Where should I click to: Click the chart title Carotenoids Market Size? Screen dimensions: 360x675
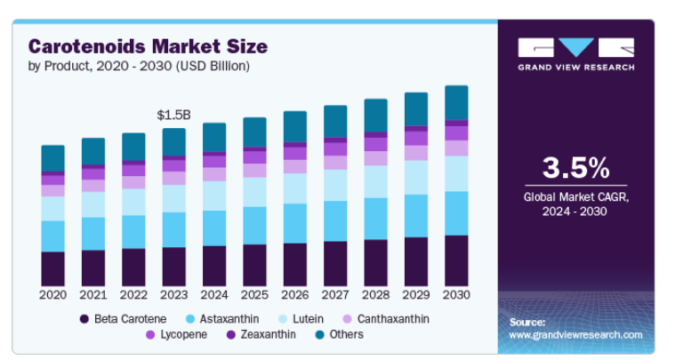click(x=148, y=46)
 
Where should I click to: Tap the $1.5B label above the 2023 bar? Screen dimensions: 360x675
click(x=174, y=116)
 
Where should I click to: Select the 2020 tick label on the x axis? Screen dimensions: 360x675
click(x=53, y=294)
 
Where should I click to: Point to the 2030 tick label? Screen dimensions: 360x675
click(x=456, y=294)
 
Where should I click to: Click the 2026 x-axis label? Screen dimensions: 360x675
click(x=295, y=294)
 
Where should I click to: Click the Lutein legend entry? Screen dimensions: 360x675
click(x=308, y=318)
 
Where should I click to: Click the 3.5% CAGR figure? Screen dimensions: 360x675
click(x=575, y=168)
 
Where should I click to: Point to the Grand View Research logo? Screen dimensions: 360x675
click(x=575, y=53)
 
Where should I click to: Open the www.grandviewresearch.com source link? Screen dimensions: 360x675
click(x=575, y=335)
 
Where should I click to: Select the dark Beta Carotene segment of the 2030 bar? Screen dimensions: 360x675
click(x=456, y=260)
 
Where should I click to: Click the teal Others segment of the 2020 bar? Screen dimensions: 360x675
click(x=53, y=158)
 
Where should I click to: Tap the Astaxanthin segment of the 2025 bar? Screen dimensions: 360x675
click(x=255, y=226)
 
